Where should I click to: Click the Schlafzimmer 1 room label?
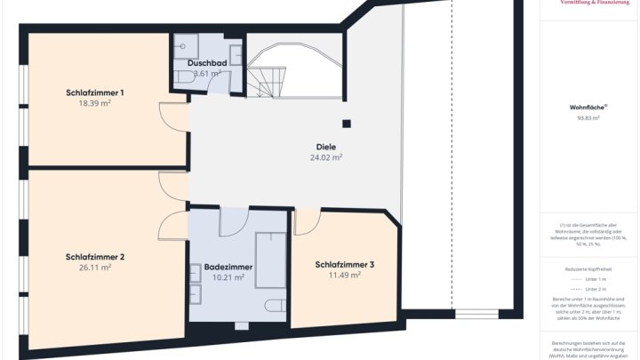click(x=94, y=92)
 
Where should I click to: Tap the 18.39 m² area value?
click(x=94, y=103)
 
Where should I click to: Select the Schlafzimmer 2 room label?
click(x=94, y=257)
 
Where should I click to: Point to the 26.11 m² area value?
click(x=94, y=268)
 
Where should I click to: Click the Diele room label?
click(x=325, y=147)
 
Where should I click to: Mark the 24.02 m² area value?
click(x=325, y=157)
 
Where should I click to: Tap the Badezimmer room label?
click(x=228, y=267)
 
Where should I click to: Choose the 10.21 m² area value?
click(x=228, y=277)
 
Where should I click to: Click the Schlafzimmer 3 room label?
click(x=344, y=264)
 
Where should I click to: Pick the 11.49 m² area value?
click(x=344, y=276)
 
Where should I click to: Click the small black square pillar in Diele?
click(x=348, y=124)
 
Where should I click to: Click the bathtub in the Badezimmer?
click(x=270, y=260)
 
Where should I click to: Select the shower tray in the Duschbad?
click(x=187, y=46)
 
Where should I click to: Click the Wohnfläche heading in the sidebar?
click(x=588, y=107)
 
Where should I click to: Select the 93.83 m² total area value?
click(x=588, y=117)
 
